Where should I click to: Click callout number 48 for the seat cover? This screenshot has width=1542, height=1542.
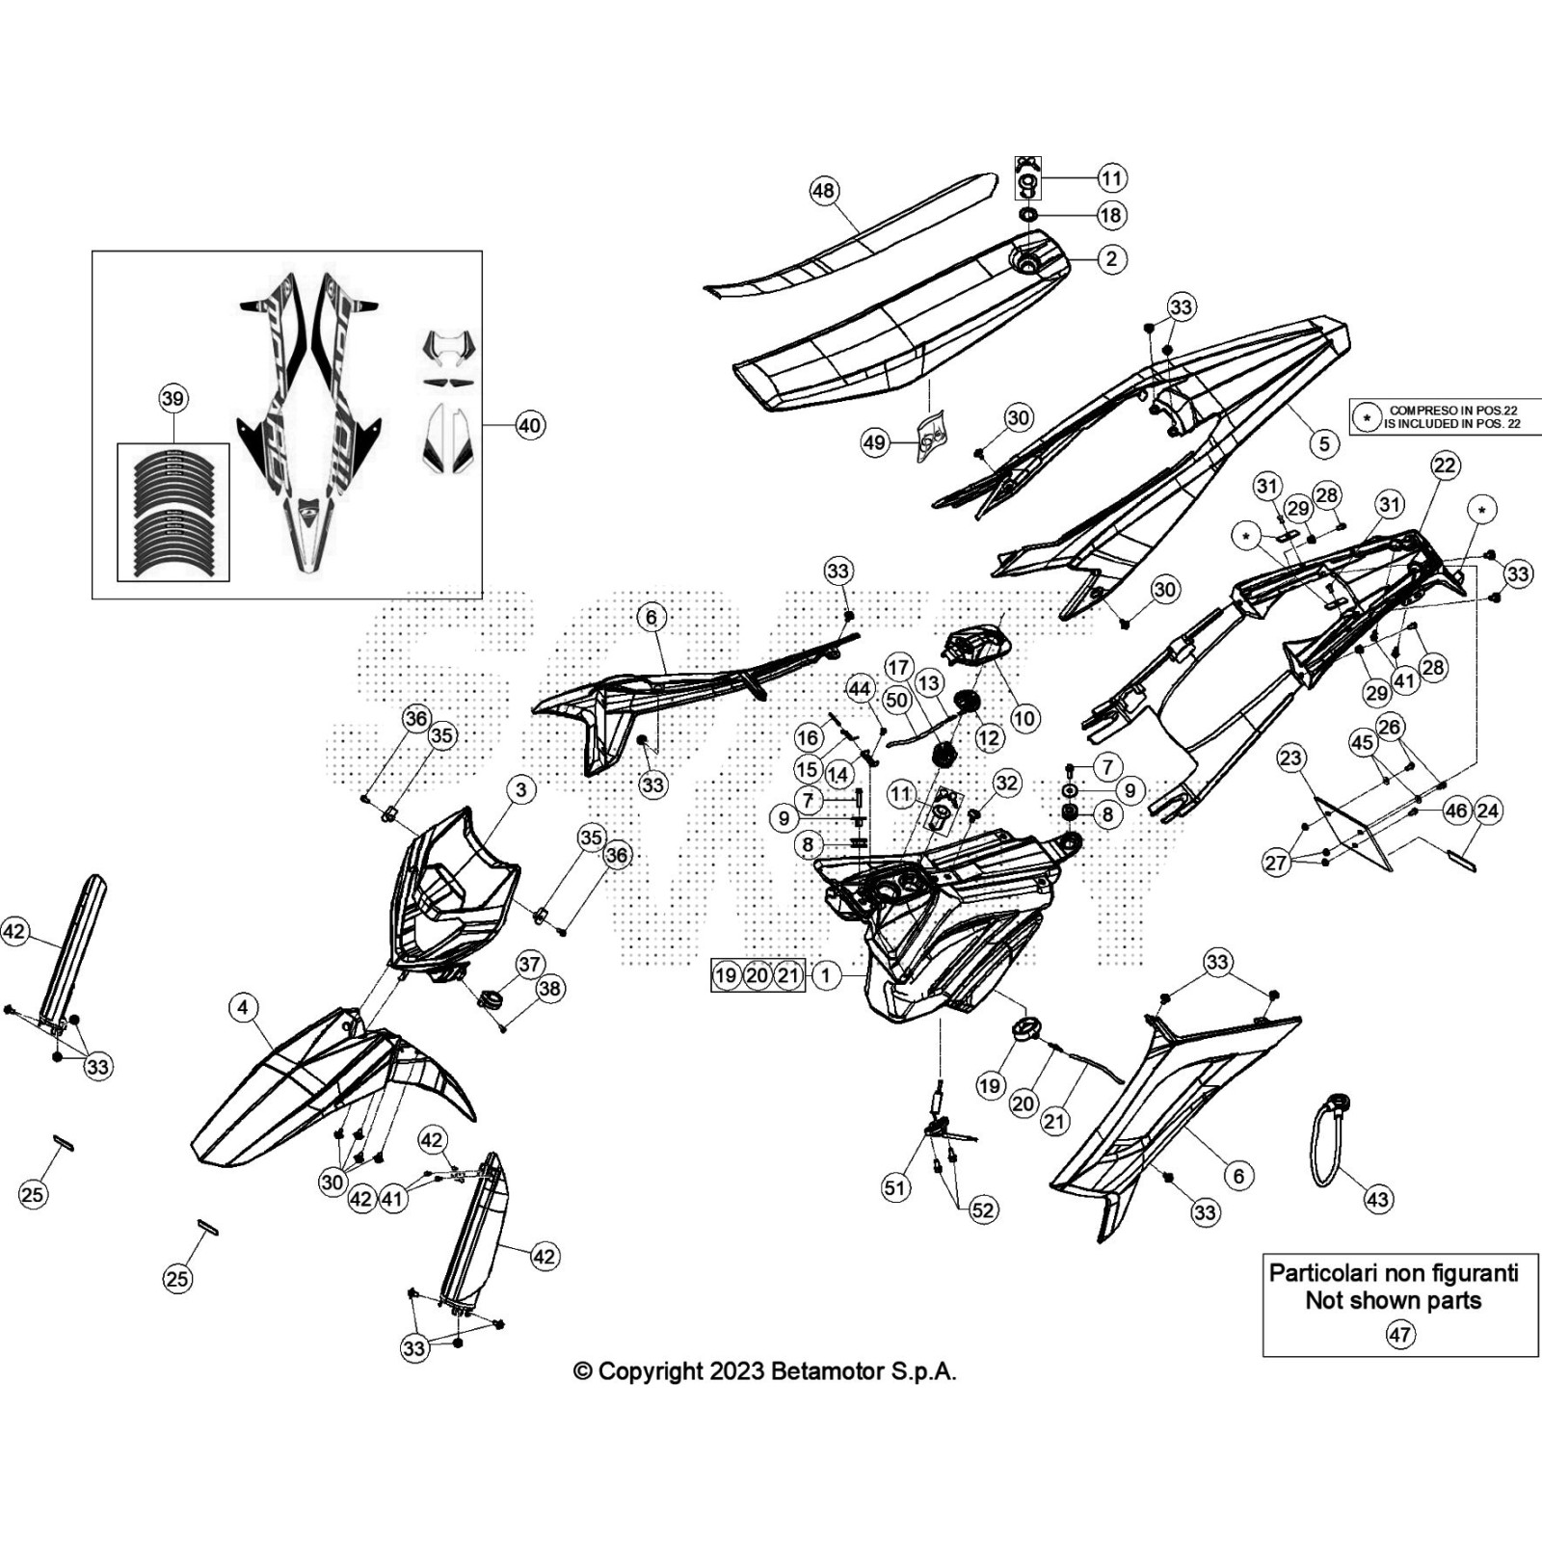coord(823,191)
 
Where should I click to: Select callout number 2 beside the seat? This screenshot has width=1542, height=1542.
coord(1112,258)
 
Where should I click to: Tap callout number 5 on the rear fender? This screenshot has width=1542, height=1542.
coord(1324,443)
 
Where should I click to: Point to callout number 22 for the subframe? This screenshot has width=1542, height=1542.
coord(1445,465)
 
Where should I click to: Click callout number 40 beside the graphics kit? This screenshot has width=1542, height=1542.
coord(530,425)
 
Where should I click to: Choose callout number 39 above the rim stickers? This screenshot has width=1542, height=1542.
coord(173,399)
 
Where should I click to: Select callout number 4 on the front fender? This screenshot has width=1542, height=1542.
coord(243,1008)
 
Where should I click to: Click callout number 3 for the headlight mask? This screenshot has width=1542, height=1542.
coord(521,790)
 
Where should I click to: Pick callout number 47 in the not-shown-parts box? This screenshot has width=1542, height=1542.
coord(1399,1335)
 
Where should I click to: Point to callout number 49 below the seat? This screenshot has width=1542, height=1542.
coord(874,443)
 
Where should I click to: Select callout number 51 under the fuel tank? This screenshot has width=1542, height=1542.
coord(895,1187)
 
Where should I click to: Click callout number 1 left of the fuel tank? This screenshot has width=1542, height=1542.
coord(825,975)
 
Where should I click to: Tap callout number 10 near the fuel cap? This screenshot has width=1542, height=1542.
coord(1024,717)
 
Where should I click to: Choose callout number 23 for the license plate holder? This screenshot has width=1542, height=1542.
coord(1291,758)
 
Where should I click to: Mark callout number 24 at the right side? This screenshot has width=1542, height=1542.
coord(1488,811)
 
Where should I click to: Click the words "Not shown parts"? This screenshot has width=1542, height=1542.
coord(1393,1301)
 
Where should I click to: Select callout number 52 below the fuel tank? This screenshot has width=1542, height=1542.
coord(983,1210)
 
